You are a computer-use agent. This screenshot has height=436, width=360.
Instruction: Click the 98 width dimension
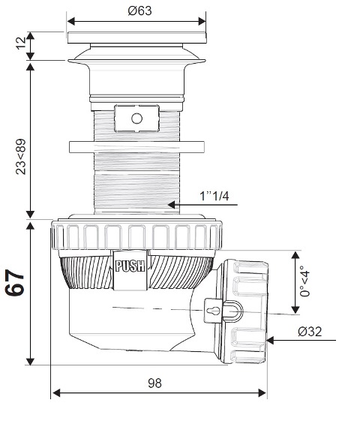point(155,382)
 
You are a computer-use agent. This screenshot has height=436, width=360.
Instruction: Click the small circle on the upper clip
point(136,119)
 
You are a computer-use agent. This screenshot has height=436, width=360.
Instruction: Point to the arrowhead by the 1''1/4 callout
point(172,203)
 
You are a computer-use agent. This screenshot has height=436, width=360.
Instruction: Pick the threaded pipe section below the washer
point(136,184)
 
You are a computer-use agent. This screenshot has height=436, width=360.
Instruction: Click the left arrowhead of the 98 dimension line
point(55,393)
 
